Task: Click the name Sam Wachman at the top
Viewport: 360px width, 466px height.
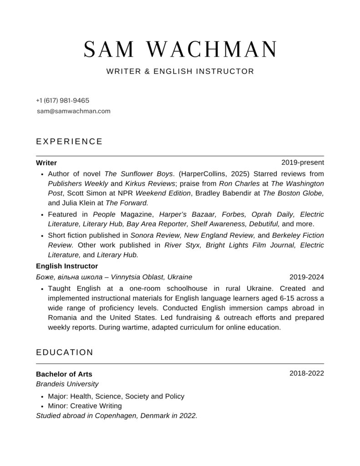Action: click(x=180, y=50)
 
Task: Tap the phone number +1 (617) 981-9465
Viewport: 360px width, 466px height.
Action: click(x=62, y=101)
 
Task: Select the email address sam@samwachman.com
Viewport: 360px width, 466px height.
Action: click(x=74, y=111)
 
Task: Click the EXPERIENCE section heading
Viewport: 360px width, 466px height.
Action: click(x=69, y=142)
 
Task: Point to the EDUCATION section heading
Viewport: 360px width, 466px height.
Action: click(x=65, y=352)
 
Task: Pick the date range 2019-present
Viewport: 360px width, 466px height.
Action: click(x=303, y=162)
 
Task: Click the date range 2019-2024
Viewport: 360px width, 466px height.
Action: click(x=307, y=277)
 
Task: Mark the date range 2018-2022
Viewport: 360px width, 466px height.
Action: click(x=307, y=374)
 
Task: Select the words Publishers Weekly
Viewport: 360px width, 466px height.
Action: click(x=78, y=183)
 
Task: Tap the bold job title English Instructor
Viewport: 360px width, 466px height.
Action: click(x=67, y=266)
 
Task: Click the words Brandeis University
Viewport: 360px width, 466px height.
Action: click(x=67, y=384)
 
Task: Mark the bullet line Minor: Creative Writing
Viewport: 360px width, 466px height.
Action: click(x=85, y=406)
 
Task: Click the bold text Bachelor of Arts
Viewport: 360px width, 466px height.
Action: click(x=64, y=374)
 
